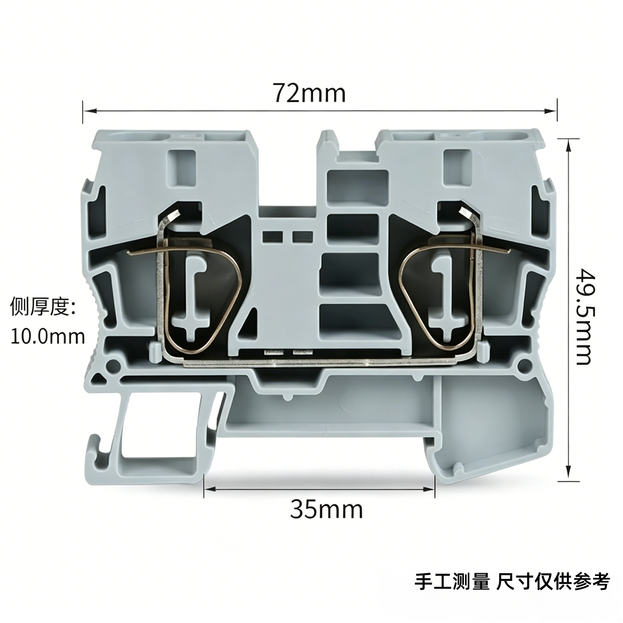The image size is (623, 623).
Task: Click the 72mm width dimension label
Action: [310, 92]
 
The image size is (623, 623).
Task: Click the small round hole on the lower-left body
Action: [112, 365]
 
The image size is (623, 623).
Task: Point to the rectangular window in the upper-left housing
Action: [182, 168]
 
